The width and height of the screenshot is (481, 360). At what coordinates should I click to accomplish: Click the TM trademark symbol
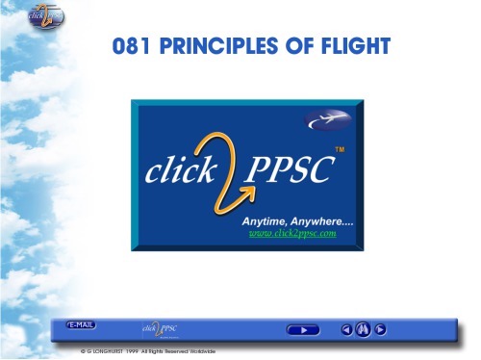(339, 149)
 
